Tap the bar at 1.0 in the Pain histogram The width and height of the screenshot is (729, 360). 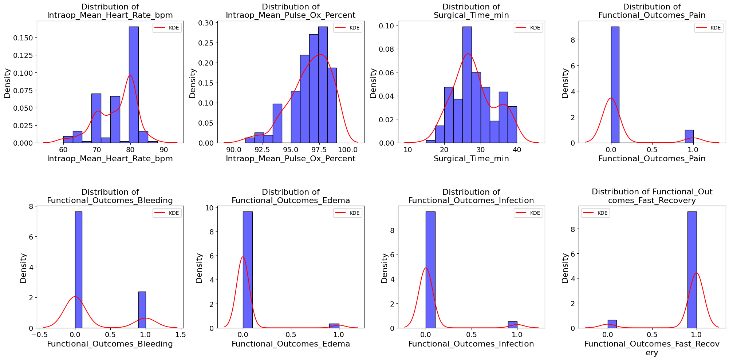tap(689, 137)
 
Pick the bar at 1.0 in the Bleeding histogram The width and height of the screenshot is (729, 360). tap(142, 310)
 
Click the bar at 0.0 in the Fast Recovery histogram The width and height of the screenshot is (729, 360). tap(612, 324)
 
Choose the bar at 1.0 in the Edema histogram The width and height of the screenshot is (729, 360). tap(334, 326)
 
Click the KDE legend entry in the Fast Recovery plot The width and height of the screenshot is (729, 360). tap(595, 213)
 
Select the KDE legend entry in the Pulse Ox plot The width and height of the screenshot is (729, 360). tap(348, 28)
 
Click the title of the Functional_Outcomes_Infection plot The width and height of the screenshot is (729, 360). tap(471, 196)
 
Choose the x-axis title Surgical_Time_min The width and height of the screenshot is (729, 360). tap(471, 159)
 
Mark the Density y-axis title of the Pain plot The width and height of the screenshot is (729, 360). tap(565, 83)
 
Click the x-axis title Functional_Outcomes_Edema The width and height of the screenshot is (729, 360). tap(291, 344)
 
